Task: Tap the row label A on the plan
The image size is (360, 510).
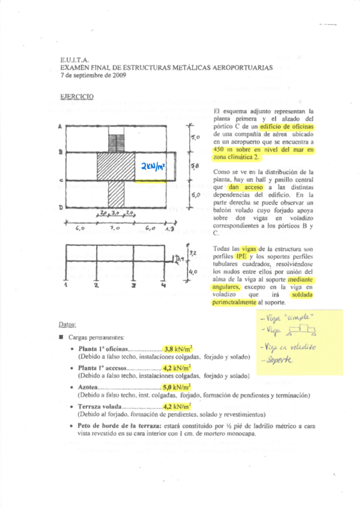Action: pyautogui.click(x=61, y=127)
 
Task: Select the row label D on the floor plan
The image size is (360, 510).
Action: pyautogui.click(x=61, y=207)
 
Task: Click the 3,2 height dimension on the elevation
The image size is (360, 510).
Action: pyautogui.click(x=193, y=253)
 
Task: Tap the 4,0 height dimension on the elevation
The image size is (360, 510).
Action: pyautogui.click(x=193, y=272)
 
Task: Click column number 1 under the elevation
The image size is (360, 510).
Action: pyautogui.click(x=66, y=286)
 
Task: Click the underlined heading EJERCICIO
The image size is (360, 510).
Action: pyautogui.click(x=77, y=96)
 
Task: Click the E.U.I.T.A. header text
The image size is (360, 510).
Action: pyautogui.click(x=75, y=60)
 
